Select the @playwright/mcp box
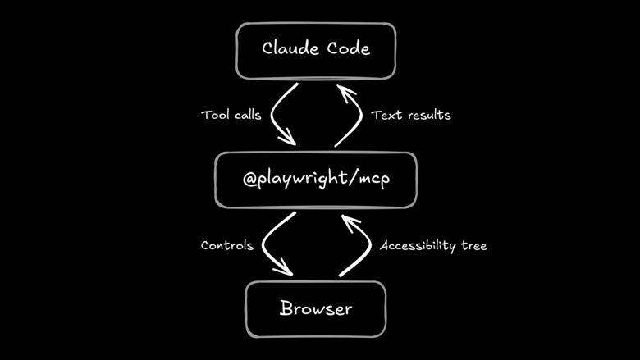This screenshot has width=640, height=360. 316,179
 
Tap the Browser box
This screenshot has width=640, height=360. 316,308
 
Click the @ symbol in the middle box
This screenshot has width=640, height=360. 252,179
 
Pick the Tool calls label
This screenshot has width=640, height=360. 231,115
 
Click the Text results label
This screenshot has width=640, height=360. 410,115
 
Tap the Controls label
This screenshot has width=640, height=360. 226,245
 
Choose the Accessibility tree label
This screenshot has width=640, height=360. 433,246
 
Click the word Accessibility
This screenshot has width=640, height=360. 419,246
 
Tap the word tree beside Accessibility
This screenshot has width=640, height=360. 473,246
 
